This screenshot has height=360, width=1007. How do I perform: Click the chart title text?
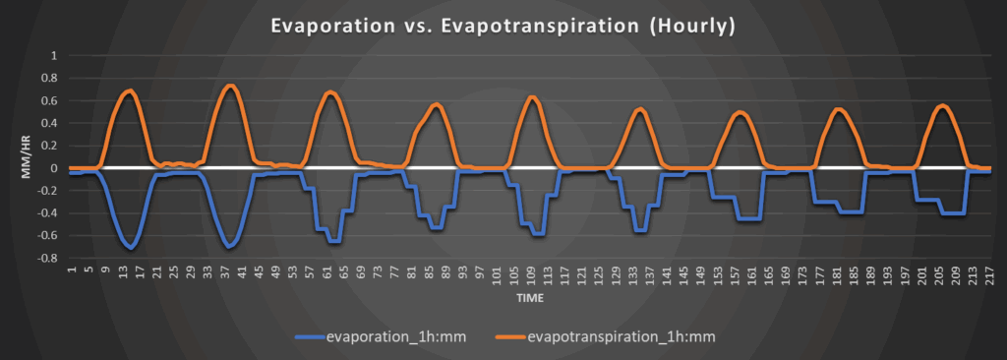[x=503, y=27]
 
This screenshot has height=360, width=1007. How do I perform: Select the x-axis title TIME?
[x=530, y=298]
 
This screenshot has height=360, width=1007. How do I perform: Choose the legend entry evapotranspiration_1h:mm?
[x=606, y=336]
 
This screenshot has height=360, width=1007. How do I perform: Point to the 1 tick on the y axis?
[x=55, y=56]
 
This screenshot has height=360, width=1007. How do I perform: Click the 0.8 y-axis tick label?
[x=50, y=79]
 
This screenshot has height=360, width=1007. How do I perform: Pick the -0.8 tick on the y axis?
[x=47, y=259]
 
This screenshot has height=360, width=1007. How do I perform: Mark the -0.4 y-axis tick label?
[x=47, y=213]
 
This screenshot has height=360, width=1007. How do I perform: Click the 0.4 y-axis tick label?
[x=50, y=123]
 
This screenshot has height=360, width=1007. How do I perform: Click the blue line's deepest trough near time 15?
[x=131, y=248]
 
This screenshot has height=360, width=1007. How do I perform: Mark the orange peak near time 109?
[x=531, y=97]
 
